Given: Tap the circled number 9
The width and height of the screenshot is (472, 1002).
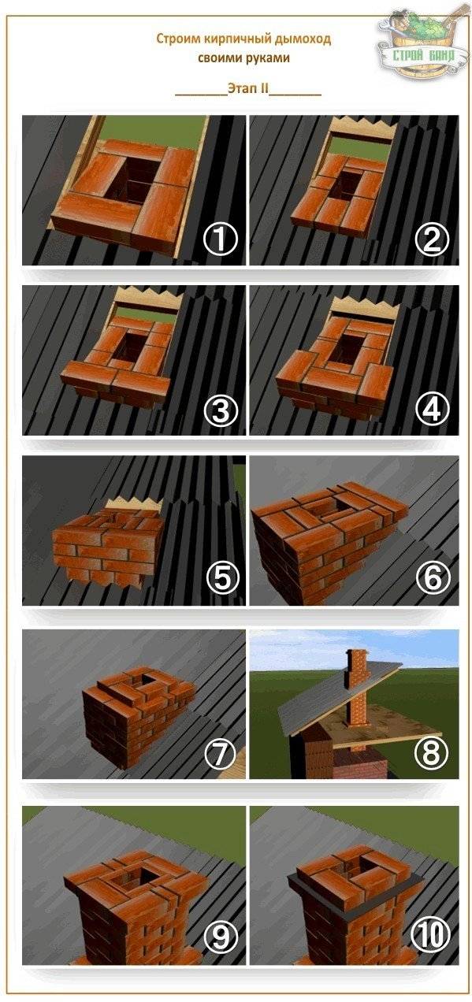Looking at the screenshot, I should [221, 936].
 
